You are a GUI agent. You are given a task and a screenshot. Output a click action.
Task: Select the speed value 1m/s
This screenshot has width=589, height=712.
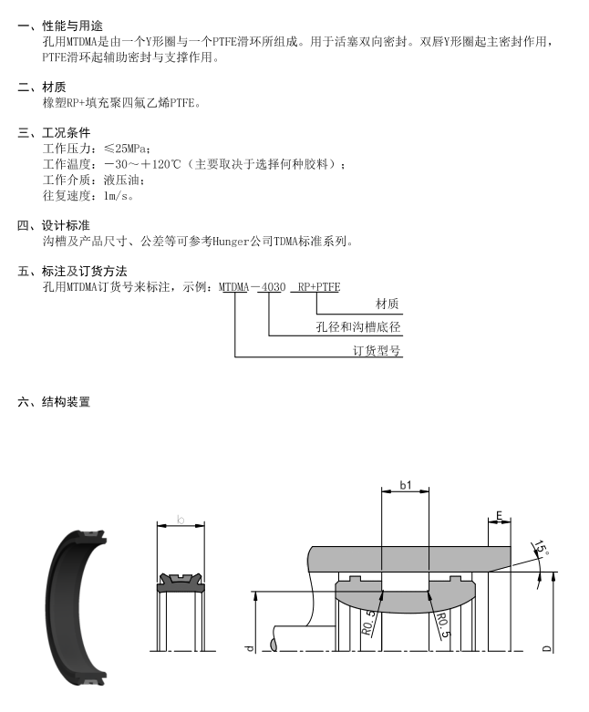click(119, 195)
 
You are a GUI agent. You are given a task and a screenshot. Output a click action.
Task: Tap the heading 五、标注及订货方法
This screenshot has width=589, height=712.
click(73, 272)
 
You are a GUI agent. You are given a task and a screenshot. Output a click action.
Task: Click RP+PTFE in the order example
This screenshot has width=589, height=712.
click(316, 287)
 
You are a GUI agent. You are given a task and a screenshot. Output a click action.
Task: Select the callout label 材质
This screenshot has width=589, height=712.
click(388, 304)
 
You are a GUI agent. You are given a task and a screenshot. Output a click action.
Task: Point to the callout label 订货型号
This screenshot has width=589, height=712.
click(377, 350)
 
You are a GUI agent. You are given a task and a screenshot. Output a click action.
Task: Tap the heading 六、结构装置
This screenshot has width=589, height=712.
click(54, 402)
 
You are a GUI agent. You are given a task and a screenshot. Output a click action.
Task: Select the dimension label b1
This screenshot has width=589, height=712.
click(406, 485)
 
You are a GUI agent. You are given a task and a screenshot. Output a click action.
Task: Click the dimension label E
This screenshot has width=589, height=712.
click(500, 517)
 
